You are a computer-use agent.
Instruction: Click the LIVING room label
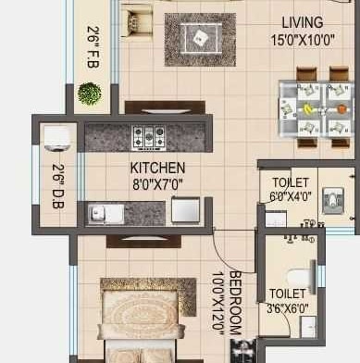(x=303, y=23)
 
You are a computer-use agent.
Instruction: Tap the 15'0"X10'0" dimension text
(x=303, y=40)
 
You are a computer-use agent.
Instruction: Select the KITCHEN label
(x=157, y=168)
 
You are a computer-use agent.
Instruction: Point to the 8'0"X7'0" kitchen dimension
(x=157, y=185)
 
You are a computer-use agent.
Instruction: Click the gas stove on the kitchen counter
(x=149, y=138)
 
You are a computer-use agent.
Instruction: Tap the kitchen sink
(x=106, y=214)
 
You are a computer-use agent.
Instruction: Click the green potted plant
(x=90, y=94)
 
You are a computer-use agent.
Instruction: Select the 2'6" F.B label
(x=93, y=46)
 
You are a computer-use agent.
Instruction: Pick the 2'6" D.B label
(x=58, y=186)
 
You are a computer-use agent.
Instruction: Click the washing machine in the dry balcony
(x=56, y=139)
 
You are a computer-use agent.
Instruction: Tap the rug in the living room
(x=200, y=40)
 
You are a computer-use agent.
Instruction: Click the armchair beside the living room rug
(x=136, y=22)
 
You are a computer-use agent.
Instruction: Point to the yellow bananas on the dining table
(x=307, y=108)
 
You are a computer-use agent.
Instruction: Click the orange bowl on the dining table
(x=341, y=109)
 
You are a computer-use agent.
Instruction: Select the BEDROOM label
(x=236, y=303)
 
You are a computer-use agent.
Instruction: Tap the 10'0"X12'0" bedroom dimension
(x=218, y=304)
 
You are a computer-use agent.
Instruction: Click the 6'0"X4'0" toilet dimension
(x=291, y=196)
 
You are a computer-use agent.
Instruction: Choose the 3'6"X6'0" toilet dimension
(x=288, y=308)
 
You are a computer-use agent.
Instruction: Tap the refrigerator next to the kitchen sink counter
(x=185, y=210)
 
